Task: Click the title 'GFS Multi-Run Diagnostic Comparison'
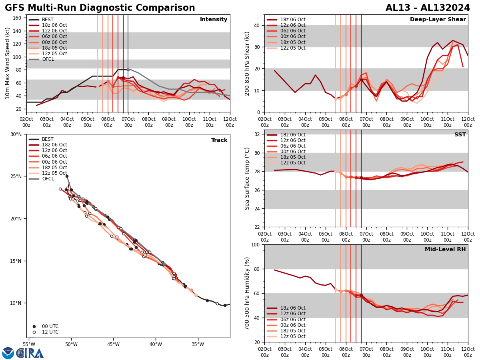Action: click(100, 8)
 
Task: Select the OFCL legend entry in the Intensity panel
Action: click(48, 59)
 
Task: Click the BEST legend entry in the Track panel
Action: click(48, 139)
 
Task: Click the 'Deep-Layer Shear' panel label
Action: click(438, 20)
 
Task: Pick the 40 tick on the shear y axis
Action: click(256, 25)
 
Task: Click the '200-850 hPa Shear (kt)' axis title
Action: click(247, 63)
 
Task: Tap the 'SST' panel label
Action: click(460, 135)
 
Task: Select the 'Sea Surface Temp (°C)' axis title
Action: click(247, 178)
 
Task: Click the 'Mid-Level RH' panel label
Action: click(445, 250)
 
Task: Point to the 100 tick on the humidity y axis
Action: click(254, 244)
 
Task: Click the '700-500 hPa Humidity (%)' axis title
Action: click(247, 293)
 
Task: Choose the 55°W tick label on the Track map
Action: click(29, 344)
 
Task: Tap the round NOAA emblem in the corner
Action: click(8, 353)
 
